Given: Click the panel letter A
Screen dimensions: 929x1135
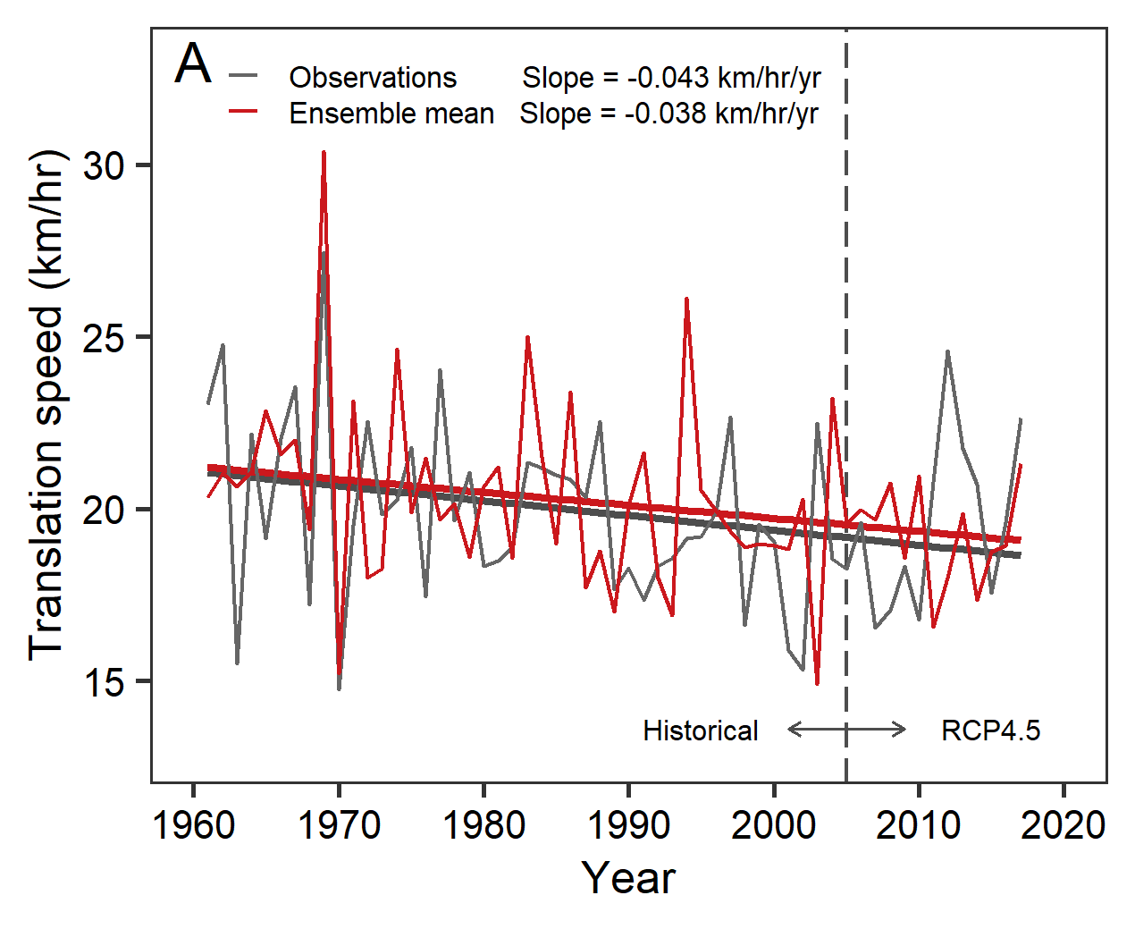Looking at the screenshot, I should point(193,64).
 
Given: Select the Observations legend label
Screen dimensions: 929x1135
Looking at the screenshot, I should point(373,78).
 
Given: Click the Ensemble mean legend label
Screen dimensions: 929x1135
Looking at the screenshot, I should point(391,114).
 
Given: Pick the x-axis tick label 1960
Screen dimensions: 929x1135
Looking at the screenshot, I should point(194,824).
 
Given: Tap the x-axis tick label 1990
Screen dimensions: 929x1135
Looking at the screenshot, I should point(628,824).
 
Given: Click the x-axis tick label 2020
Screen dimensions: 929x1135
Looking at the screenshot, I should point(1064,824).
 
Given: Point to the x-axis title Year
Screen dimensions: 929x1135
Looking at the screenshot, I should point(628,878).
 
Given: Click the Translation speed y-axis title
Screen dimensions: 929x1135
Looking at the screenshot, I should point(46,405).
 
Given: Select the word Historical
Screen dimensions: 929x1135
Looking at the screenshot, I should point(700,731).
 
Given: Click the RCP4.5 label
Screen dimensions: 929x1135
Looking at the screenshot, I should point(990,731).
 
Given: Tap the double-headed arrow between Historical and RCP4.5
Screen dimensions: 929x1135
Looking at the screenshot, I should point(846,730).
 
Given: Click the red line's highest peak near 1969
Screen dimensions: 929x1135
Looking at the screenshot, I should point(324,153).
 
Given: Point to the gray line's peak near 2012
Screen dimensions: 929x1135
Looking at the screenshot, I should point(947,351).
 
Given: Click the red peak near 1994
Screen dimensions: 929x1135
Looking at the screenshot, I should point(686,299).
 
